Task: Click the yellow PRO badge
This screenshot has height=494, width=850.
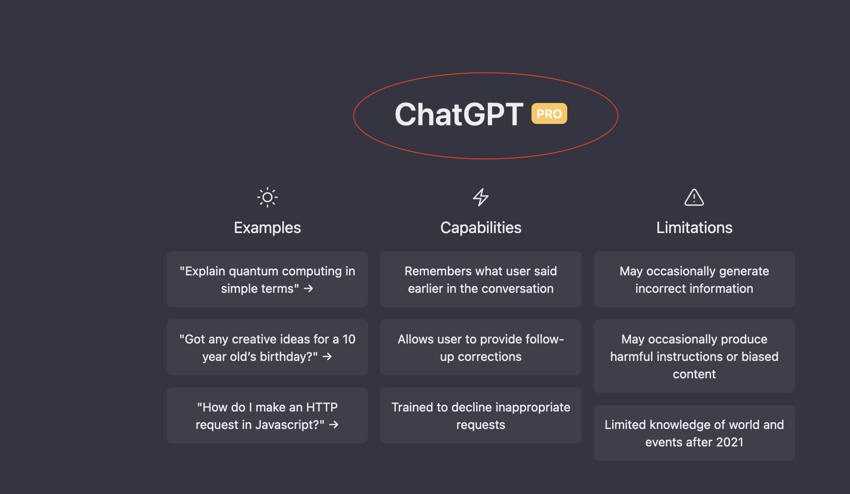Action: click(549, 114)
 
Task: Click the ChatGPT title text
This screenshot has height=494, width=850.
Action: click(459, 115)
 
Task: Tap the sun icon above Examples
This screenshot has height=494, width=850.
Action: click(267, 197)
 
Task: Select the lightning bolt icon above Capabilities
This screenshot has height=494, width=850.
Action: click(480, 197)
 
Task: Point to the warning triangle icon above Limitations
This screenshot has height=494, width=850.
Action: click(694, 197)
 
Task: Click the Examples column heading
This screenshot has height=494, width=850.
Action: click(267, 228)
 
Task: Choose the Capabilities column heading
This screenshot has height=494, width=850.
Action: click(480, 228)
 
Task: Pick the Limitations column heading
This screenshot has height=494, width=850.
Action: click(694, 228)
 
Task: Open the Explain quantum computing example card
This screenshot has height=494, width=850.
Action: click(267, 279)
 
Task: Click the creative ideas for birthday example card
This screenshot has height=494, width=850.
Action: click(267, 347)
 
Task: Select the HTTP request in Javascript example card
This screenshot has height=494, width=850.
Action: click(267, 415)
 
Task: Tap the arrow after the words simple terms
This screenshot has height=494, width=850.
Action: click(308, 288)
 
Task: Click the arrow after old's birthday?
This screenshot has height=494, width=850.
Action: click(327, 357)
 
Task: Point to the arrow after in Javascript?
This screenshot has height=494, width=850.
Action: click(334, 425)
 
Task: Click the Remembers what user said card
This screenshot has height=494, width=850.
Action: click(480, 279)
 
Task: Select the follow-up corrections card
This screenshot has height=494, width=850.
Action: click(480, 347)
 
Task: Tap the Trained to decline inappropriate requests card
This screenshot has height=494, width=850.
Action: click(480, 415)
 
